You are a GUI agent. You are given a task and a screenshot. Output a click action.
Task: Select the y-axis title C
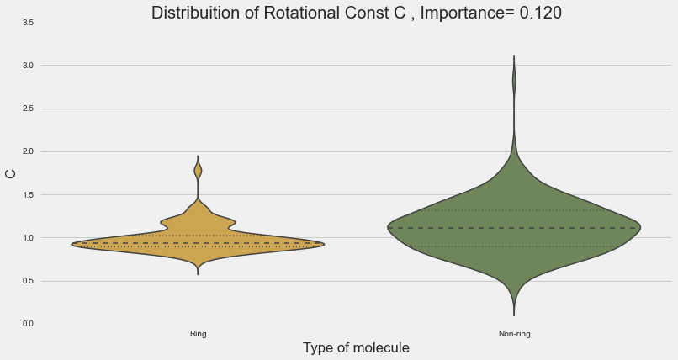point(11,173)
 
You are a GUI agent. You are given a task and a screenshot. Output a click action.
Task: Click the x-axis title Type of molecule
point(356,347)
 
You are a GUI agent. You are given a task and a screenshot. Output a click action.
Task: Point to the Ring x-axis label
point(199,334)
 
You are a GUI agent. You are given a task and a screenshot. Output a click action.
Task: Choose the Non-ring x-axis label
point(514,334)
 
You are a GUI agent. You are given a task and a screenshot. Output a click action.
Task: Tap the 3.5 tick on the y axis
point(28,23)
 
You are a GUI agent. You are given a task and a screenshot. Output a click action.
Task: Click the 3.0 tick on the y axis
point(28,66)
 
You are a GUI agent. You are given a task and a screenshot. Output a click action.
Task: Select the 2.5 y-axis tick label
point(28,109)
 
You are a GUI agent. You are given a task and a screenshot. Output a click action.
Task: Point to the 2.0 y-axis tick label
point(28,152)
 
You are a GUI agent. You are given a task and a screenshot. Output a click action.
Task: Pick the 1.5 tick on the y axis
point(28,195)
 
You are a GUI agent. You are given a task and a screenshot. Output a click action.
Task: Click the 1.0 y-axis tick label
point(28,238)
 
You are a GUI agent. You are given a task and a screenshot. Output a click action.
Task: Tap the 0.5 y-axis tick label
point(28,282)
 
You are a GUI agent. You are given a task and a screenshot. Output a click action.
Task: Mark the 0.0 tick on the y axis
point(28,325)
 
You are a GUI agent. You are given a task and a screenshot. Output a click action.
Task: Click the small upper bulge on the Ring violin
point(199,170)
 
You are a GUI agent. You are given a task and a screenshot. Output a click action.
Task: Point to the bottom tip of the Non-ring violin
point(514,314)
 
